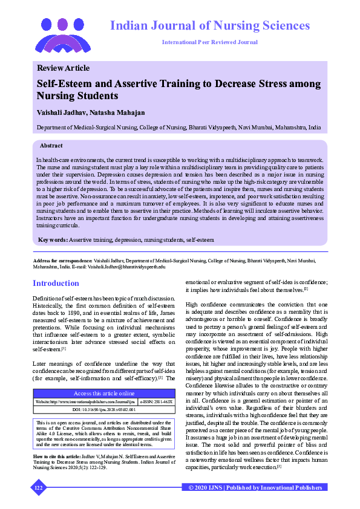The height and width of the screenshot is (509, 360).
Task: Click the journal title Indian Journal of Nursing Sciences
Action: click(209, 26)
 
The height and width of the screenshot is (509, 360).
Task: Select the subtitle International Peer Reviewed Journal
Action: click(209, 42)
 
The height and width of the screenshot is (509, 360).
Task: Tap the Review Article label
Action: click(63, 68)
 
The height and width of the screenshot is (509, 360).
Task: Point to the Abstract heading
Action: click(51, 146)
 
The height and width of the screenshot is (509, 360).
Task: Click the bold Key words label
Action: click(52, 240)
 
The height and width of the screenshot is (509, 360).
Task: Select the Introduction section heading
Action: click(56, 283)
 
